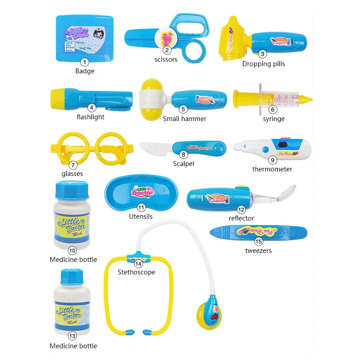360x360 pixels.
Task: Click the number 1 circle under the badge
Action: (85, 63)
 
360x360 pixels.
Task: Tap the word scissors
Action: (166, 59)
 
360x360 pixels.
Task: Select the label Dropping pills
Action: (264, 64)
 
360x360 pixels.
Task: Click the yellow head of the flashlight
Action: (59, 96)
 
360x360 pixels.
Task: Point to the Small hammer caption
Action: (184, 119)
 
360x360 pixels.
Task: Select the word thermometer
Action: (272, 169)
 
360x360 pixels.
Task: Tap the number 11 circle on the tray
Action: (141, 207)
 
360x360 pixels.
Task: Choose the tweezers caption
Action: (258, 251)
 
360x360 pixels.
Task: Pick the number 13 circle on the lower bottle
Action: (72, 335)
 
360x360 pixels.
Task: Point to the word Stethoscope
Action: (136, 272)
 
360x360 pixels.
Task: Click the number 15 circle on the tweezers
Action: (259, 242)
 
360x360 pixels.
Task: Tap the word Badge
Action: (85, 71)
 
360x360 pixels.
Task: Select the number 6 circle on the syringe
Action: (273, 109)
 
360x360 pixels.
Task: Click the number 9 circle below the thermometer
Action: (272, 160)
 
